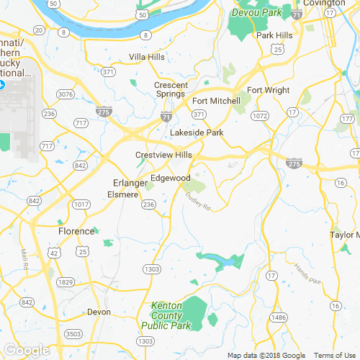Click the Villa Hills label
(147, 57)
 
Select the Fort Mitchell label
(216, 101)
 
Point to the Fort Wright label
(268, 90)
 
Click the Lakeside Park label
(197, 132)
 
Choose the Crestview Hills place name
(163, 155)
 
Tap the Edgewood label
(170, 178)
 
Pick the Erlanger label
(130, 183)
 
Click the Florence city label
(76, 231)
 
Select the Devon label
(99, 312)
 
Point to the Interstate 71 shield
(166, 115)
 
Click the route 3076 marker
(66, 94)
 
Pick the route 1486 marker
(278, 317)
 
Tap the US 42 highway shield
(54, 253)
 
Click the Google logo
(26, 350)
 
